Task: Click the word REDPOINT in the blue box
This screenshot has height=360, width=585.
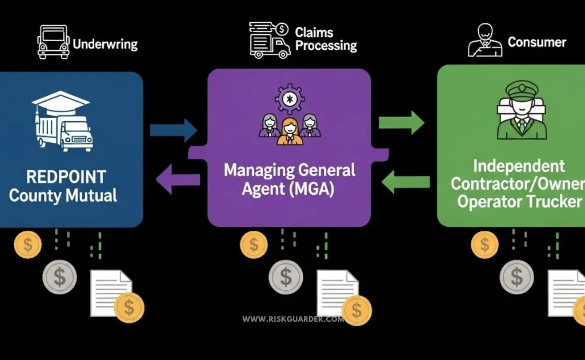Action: click(x=58, y=175)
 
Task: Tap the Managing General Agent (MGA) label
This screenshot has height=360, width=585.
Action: click(x=290, y=179)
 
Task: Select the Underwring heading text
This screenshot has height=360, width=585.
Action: click(x=105, y=44)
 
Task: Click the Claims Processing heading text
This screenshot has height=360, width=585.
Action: click(x=326, y=39)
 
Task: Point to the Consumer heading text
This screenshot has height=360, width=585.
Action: click(x=537, y=42)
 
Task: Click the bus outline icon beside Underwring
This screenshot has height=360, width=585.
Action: click(x=53, y=41)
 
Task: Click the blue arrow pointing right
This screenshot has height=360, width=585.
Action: click(x=173, y=130)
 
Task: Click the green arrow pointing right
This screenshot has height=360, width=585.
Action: click(x=402, y=122)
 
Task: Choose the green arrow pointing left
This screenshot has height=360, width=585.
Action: click(x=404, y=182)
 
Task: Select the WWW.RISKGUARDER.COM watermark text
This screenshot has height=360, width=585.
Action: click(x=293, y=319)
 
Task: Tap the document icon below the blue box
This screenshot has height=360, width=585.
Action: click(x=110, y=291)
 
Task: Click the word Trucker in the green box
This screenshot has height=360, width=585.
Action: click(x=555, y=202)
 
